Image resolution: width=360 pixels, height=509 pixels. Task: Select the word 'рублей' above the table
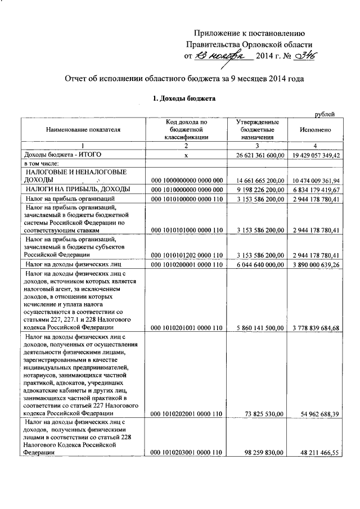click(x=325, y=115)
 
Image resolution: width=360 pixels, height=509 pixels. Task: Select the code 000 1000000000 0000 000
click(x=188, y=180)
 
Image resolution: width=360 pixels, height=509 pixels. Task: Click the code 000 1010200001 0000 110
click(x=188, y=263)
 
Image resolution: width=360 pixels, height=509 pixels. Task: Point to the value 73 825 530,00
click(x=265, y=414)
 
